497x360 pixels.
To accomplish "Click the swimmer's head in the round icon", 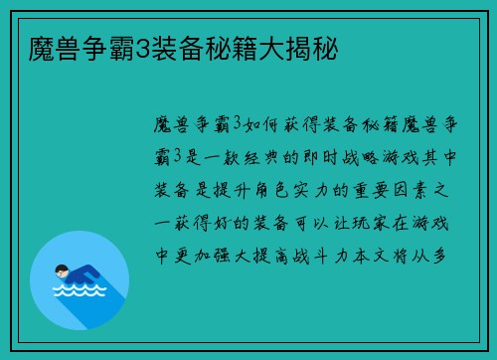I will tap(62, 270).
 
